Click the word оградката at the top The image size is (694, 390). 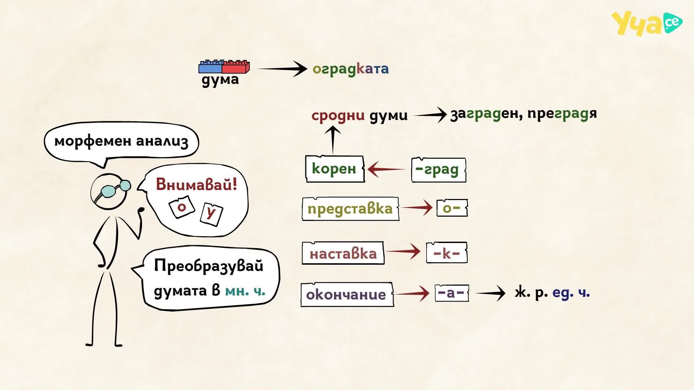click(x=351, y=69)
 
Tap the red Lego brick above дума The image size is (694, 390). click(x=236, y=67)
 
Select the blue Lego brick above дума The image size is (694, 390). click(x=210, y=67)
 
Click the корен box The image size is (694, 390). click(x=334, y=169)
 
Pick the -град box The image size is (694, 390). click(x=438, y=169)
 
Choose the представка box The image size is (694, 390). click(x=350, y=209)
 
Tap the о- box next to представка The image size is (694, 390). click(x=452, y=208)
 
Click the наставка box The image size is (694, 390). click(x=343, y=253)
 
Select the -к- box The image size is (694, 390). click(x=447, y=253)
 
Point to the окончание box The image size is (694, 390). click(x=347, y=294)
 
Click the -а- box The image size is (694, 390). click(x=451, y=292)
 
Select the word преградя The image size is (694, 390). click(x=562, y=114)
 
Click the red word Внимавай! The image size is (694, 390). click(x=197, y=185)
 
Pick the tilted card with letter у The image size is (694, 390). click(x=211, y=214)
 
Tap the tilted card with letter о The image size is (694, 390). click(x=182, y=207)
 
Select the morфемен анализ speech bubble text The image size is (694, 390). click(x=121, y=141)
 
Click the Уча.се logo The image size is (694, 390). click(x=647, y=23)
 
